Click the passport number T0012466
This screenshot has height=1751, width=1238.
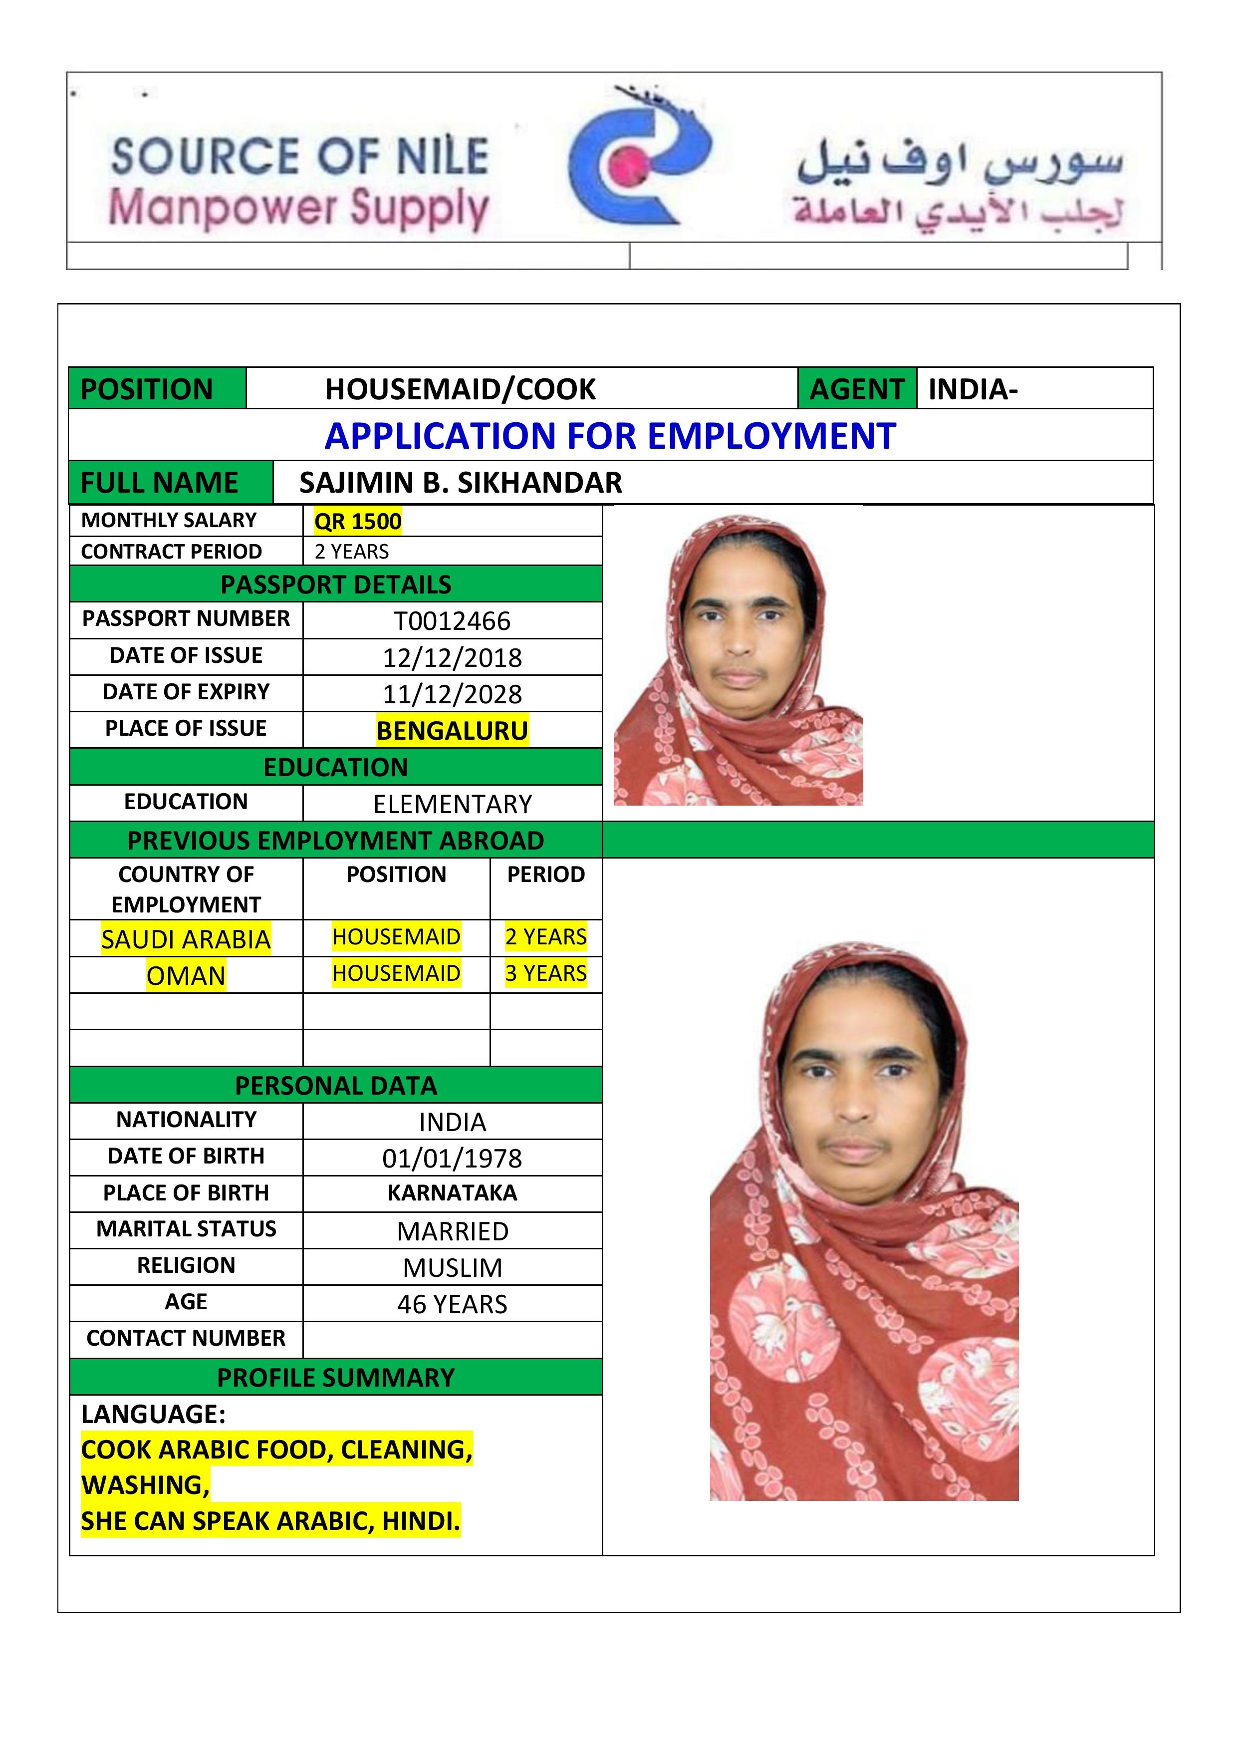coord(452,621)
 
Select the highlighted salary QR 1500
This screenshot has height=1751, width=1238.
coord(357,522)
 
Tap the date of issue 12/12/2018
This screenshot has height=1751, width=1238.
coord(452,657)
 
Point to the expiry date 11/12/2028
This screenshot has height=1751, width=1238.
coord(452,694)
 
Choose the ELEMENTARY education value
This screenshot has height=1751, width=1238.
coord(452,804)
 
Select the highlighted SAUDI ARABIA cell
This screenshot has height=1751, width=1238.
coord(186,939)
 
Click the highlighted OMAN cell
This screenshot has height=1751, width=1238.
coord(186,975)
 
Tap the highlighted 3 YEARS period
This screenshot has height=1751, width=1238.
coord(546,974)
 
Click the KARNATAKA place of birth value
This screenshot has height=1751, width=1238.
coord(452,1193)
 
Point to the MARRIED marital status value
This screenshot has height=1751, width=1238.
coord(452,1231)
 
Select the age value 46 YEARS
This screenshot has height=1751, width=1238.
coord(452,1304)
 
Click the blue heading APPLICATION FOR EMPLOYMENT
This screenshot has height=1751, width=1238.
coord(610,436)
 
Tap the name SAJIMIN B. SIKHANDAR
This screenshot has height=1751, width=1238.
coord(461,483)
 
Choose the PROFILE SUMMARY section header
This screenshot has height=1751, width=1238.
coord(335,1377)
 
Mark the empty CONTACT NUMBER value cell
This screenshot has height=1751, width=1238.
coord(452,1339)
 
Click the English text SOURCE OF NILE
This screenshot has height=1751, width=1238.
coord(299,156)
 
